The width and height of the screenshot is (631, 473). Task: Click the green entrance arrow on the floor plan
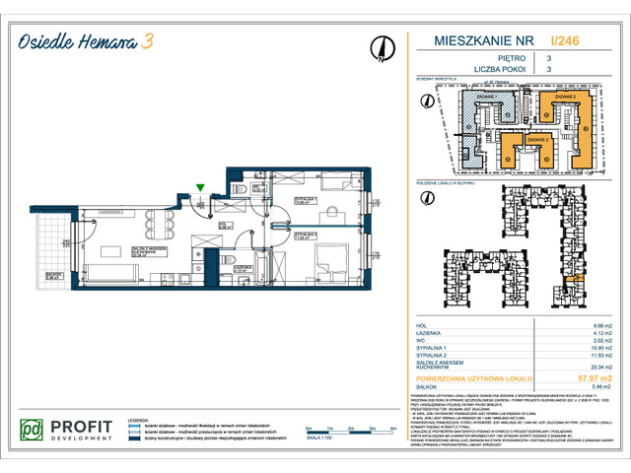tap(200, 186)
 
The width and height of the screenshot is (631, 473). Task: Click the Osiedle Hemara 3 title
tap(89, 41)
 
